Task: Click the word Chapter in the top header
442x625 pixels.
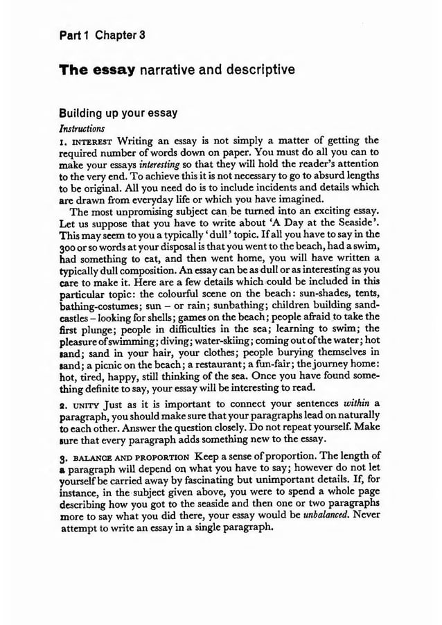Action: (120, 35)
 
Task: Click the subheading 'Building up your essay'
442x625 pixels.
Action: (118, 112)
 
